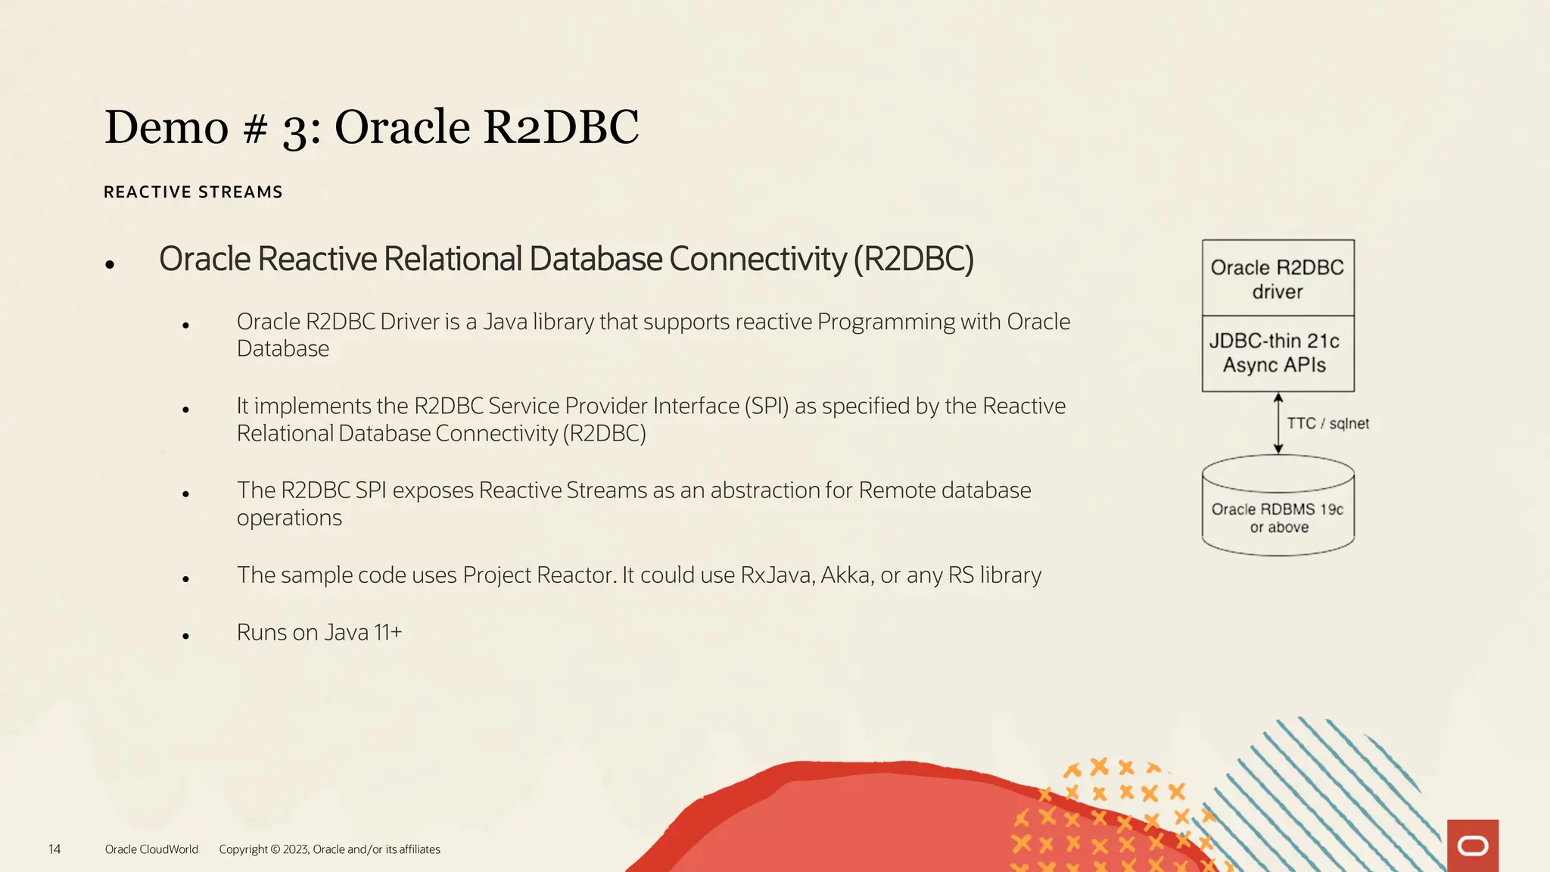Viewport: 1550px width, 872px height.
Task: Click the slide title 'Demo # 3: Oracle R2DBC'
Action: [372, 126]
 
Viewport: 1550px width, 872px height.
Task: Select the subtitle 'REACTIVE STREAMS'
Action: [193, 192]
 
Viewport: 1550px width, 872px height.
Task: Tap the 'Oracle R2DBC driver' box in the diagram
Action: [1278, 279]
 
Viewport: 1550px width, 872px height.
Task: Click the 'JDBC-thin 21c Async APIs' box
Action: [1278, 353]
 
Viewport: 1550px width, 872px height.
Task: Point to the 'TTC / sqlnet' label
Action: [1327, 424]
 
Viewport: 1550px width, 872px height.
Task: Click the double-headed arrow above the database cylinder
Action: [1278, 423]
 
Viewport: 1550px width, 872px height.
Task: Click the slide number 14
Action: [54, 849]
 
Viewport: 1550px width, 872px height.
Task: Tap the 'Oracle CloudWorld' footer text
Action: [151, 849]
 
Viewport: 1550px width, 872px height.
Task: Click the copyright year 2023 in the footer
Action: [295, 849]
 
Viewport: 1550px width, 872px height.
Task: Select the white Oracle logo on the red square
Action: [1473, 846]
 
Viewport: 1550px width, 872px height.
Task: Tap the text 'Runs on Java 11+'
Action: [319, 632]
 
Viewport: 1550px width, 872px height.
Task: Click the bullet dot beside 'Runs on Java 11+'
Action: [185, 637]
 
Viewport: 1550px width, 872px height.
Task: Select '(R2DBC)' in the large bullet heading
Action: [914, 259]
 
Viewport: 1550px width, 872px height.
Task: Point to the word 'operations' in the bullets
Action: [289, 519]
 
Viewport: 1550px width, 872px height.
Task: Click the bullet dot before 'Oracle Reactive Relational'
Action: [110, 264]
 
